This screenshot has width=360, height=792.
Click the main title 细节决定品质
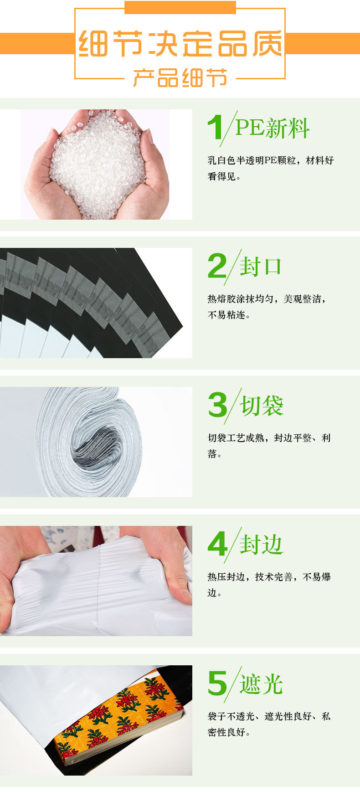[x=180, y=44]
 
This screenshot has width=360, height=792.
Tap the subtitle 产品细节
[x=180, y=78]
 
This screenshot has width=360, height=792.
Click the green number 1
[x=215, y=127]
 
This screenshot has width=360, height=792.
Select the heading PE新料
[x=272, y=128]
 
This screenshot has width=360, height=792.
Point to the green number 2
[x=217, y=266]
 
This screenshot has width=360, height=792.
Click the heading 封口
[x=261, y=267]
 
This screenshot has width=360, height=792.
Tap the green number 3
[x=217, y=405]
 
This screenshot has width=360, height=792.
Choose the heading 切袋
[x=262, y=406]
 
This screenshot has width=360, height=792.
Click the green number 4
[x=217, y=544]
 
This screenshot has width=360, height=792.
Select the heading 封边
[x=262, y=545]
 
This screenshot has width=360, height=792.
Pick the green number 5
[x=217, y=684]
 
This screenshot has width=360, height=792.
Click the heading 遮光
[x=262, y=684]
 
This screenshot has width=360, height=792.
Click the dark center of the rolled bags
[x=98, y=444]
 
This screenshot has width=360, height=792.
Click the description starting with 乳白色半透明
[x=271, y=168]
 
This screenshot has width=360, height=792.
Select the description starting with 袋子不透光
[x=269, y=724]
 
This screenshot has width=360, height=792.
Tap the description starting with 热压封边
[x=269, y=585]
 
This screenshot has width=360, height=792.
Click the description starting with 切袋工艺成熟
[x=269, y=445]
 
